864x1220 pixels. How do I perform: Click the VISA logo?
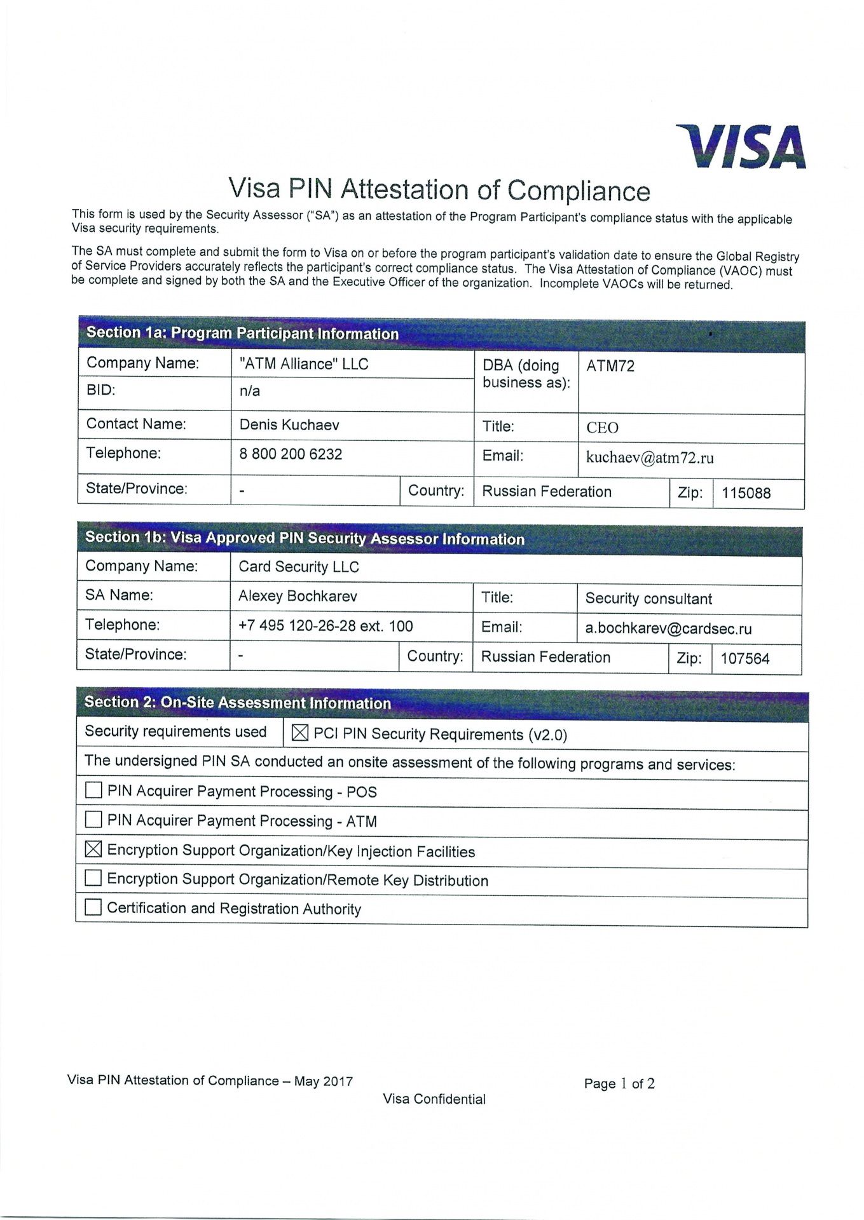click(x=742, y=147)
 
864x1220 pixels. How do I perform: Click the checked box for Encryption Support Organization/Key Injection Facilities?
click(x=93, y=849)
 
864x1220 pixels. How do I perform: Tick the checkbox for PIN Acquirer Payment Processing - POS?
click(x=93, y=790)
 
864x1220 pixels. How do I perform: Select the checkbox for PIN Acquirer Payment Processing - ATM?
click(x=93, y=820)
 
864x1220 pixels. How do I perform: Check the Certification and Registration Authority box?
click(x=93, y=907)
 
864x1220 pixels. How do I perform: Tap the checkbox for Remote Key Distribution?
click(x=93, y=878)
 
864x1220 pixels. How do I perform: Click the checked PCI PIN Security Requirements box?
click(x=299, y=733)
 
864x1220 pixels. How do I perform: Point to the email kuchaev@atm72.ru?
click(x=650, y=458)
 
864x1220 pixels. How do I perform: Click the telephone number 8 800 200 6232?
click(x=291, y=454)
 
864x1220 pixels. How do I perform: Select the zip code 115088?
click(x=746, y=493)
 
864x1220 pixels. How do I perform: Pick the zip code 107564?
click(x=744, y=659)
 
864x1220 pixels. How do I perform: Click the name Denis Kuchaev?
click(x=289, y=424)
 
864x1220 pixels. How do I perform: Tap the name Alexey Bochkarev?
click(x=298, y=596)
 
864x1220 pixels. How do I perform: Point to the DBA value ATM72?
click(x=610, y=366)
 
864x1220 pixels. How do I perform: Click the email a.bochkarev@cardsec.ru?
click(x=668, y=629)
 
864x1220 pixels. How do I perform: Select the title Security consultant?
click(x=648, y=599)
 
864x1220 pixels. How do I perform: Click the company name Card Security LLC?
click(x=299, y=567)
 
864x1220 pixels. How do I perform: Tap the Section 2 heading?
click(x=238, y=703)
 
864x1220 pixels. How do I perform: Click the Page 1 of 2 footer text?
click(x=619, y=1083)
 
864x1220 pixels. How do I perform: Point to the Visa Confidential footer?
click(x=434, y=1099)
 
